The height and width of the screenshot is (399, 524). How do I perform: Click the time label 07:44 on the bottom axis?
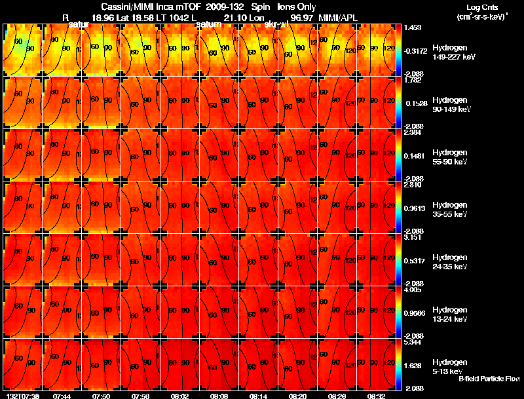(x=62, y=396)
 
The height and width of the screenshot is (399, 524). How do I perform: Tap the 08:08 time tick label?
(x=219, y=396)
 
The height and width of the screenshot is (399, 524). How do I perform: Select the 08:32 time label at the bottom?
(x=375, y=396)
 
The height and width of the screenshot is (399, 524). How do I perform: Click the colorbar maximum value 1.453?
(x=413, y=28)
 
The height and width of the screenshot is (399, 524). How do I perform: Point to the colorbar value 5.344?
(x=413, y=342)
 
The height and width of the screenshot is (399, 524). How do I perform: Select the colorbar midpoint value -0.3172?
(x=414, y=50)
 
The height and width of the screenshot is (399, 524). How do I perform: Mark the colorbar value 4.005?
(x=413, y=290)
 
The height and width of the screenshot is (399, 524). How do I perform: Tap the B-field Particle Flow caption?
(x=489, y=379)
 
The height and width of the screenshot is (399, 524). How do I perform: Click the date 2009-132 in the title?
(x=224, y=7)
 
